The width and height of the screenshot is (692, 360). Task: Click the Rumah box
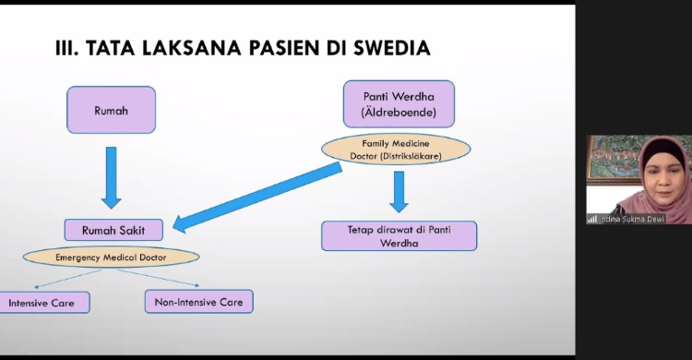coord(111,110)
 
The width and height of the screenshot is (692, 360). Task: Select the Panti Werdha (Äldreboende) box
coord(398,104)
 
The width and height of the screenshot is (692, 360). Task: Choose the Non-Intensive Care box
coord(198,301)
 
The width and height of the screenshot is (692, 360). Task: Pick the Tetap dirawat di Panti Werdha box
coord(399,235)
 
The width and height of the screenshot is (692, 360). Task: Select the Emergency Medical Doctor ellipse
coord(112,256)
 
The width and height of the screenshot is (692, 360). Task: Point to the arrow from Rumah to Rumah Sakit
coord(112,175)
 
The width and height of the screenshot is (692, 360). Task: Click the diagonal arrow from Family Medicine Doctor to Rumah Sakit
coord(258,197)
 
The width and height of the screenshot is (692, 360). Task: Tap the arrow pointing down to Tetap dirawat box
coord(399,191)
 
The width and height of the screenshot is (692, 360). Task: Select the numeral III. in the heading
coord(67,47)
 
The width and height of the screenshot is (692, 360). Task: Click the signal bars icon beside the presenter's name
coord(591,219)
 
